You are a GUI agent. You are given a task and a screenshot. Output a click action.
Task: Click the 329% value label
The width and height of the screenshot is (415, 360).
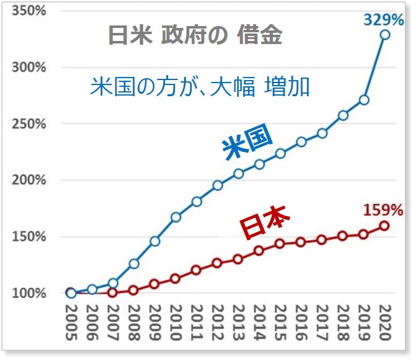(x=383, y=20)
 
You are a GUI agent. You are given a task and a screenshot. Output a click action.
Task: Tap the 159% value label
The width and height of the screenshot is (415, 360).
(x=383, y=210)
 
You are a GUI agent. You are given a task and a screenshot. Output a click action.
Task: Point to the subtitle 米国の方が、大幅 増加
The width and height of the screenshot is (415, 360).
(x=200, y=87)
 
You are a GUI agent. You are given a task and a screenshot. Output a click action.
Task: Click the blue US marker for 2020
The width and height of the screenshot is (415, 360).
(x=385, y=35)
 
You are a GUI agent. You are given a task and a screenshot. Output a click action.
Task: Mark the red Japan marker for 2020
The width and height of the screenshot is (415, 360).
(x=385, y=226)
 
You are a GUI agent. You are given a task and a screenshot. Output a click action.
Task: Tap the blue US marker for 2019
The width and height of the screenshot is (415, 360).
(x=364, y=100)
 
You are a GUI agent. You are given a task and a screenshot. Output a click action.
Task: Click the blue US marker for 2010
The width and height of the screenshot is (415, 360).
(x=176, y=217)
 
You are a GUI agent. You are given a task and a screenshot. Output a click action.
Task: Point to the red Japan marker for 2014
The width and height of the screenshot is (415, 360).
(x=259, y=251)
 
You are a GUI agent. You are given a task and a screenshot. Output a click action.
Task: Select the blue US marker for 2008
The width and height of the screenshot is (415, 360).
(x=133, y=264)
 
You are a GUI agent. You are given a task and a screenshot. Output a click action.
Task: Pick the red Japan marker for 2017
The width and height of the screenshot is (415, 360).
(x=322, y=240)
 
